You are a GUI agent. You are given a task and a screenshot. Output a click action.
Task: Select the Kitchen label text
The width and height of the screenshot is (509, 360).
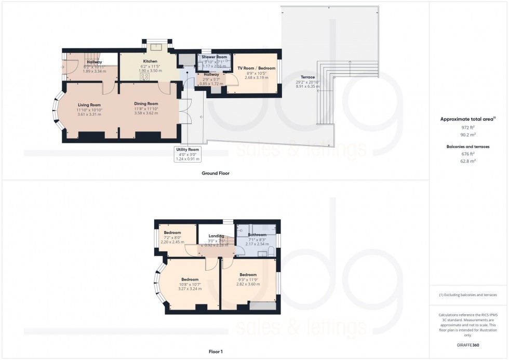(x=150, y=61)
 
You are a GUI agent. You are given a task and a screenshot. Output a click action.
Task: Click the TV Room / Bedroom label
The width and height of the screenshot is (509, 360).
(x=256, y=68)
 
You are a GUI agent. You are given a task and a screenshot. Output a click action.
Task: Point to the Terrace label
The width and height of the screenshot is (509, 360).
(x=307, y=77)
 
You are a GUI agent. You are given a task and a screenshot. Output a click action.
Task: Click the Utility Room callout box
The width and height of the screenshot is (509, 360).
(x=187, y=154)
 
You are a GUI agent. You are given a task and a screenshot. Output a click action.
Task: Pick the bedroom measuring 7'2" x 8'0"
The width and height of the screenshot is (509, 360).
(x=172, y=237)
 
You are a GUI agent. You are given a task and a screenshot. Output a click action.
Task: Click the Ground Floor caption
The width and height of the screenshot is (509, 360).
(x=216, y=173)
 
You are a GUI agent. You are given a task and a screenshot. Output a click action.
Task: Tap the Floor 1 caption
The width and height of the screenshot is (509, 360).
(x=215, y=352)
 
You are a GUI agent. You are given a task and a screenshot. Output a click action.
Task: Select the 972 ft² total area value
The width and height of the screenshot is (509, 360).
(x=468, y=127)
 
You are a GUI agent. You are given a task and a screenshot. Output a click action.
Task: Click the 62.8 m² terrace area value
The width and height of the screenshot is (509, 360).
(x=468, y=161)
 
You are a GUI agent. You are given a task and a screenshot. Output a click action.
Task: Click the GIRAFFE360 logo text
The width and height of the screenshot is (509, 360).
(x=468, y=344)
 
